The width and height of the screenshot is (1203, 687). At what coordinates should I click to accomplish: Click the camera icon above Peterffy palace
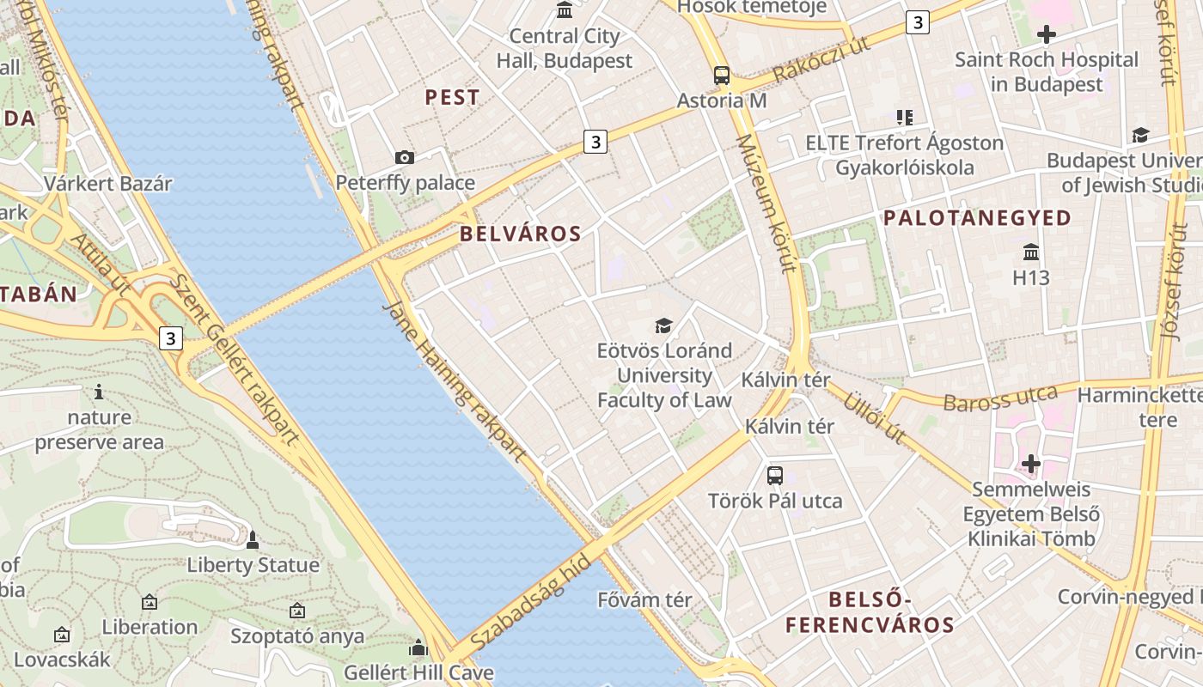pos(405,157)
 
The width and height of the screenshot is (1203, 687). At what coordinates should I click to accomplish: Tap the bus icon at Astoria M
pos(722,76)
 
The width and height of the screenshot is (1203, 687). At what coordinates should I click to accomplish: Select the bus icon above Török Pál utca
pos(775,475)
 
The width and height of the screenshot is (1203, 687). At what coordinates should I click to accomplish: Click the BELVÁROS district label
pos(520,234)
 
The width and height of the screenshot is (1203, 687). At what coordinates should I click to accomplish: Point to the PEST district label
pos(452,98)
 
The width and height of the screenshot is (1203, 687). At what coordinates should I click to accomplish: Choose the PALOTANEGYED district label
pos(978,218)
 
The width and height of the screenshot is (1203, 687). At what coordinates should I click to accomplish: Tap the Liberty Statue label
pos(253,565)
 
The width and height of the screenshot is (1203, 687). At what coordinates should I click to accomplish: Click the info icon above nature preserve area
pos(100,392)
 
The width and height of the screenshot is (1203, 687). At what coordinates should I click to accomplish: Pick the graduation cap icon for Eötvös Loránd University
pos(663,325)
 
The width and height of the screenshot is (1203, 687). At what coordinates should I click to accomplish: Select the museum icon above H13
pos(1031,252)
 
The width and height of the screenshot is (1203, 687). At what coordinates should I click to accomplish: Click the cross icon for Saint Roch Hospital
pos(1047,35)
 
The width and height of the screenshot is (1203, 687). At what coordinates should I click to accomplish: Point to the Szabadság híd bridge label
pos(532,601)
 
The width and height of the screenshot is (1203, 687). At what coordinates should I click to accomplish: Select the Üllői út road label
pos(875,418)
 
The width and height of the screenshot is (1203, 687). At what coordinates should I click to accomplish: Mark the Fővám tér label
pos(644,600)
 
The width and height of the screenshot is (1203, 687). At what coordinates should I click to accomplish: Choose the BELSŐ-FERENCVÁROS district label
pos(870,611)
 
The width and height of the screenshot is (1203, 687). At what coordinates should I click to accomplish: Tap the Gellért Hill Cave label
pos(418,672)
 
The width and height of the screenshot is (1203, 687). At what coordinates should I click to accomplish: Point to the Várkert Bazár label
pos(108,184)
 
